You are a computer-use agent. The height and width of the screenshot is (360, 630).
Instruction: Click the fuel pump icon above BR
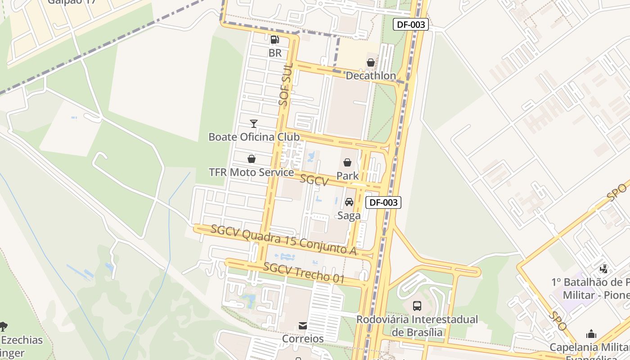pyautogui.click(x=274, y=40)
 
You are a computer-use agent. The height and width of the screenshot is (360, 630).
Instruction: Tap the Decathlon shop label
pyautogui.click(x=370, y=76)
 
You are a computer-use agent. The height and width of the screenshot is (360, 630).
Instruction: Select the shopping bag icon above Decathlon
pyautogui.click(x=370, y=63)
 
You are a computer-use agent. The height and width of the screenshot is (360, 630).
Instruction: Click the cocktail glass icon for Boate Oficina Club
pyautogui.click(x=254, y=123)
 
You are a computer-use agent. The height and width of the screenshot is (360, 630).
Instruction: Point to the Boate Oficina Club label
pyautogui.click(x=254, y=137)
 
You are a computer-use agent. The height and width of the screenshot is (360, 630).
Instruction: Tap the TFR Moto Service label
pyautogui.click(x=251, y=172)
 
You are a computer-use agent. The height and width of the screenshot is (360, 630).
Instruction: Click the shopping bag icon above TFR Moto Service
pyautogui.click(x=252, y=159)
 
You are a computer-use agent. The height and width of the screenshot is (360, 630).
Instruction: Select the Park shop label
pyautogui.click(x=347, y=176)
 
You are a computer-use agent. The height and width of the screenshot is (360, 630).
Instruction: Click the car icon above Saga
pyautogui.click(x=349, y=202)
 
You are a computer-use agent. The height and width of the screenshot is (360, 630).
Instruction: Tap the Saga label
pyautogui.click(x=349, y=216)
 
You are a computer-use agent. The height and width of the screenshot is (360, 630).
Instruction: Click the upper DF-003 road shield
pyautogui.click(x=411, y=25)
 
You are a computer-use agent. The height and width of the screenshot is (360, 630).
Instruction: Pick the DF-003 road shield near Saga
pyautogui.click(x=383, y=202)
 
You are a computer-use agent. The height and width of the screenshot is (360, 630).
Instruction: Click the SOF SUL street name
pyautogui.click(x=286, y=85)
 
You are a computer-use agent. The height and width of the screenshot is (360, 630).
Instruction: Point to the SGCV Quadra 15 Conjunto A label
pyautogui.click(x=284, y=241)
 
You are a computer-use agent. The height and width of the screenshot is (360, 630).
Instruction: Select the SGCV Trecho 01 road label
pyautogui.click(x=304, y=273)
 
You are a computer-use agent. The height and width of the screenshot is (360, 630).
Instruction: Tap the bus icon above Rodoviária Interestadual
pyautogui.click(x=417, y=306)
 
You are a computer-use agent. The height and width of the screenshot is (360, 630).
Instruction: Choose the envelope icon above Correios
pyautogui.click(x=303, y=325)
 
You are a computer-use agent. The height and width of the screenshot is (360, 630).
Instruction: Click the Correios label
pyautogui.click(x=303, y=338)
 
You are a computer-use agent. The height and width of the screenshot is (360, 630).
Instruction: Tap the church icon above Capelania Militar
pyautogui.click(x=591, y=334)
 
